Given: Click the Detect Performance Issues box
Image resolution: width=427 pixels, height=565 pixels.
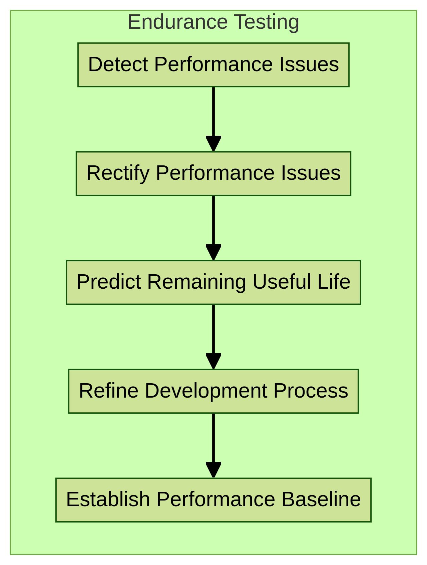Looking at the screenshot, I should point(213,65).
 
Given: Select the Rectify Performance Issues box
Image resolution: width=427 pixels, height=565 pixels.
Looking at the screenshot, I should point(213,173).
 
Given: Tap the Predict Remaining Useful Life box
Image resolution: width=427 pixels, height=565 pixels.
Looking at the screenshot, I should point(213,282).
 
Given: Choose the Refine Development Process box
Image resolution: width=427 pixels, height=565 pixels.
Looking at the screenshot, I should point(213,391).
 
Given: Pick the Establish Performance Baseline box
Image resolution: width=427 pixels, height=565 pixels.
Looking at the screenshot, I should point(213,500).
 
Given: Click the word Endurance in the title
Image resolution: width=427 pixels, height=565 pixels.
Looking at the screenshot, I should point(177,22).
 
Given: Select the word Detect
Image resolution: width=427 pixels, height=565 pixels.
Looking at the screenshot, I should point(118,64).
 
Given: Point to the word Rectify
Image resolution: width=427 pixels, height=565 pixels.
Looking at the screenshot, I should point(118,173).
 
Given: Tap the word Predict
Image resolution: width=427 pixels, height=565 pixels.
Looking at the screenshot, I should point(109,282).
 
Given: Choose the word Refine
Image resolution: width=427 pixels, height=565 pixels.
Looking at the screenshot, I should point(108,391).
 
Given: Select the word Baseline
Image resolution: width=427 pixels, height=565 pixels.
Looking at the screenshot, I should point(321,499).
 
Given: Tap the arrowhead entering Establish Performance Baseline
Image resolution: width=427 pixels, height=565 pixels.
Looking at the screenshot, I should point(213,470).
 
